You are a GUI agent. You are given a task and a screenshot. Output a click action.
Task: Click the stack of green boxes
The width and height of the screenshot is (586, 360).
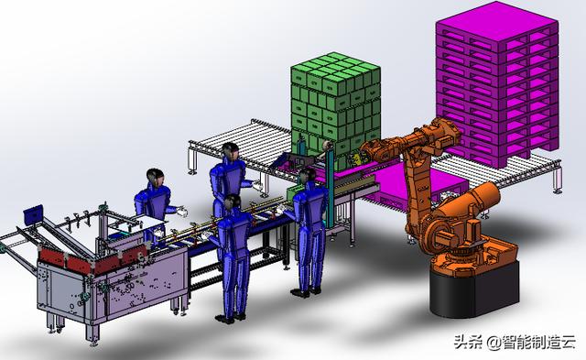click(336, 108)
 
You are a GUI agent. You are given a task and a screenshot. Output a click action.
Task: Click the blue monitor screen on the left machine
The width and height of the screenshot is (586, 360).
click(33, 213)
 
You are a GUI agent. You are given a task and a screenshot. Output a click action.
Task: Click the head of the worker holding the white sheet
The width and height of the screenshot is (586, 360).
click(155, 179)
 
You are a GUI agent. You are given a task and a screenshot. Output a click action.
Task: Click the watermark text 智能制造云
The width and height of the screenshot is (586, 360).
click(538, 342)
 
